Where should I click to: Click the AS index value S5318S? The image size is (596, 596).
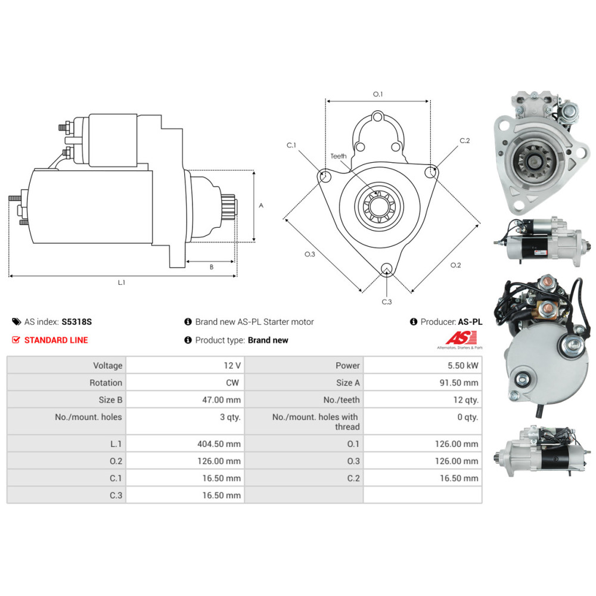pos(77,322)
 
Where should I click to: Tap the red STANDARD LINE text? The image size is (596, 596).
pos(55,340)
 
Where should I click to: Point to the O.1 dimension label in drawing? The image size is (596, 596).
pos(378,94)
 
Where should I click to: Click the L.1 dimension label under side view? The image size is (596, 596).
pos(122,283)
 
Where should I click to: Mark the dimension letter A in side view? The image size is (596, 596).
pos(261,205)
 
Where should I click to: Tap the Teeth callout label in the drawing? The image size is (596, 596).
pos(339,156)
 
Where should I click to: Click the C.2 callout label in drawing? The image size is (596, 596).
pos(465,141)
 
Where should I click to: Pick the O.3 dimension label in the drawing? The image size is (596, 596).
pos(309,254)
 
